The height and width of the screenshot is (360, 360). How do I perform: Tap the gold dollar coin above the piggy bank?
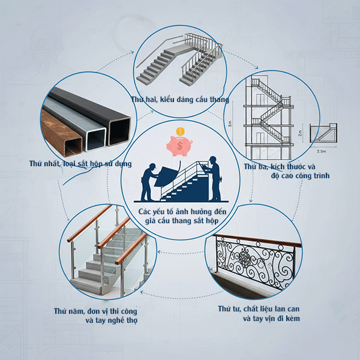pos(179,132)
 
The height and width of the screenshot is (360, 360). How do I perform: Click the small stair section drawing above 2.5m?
pos(324,133)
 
